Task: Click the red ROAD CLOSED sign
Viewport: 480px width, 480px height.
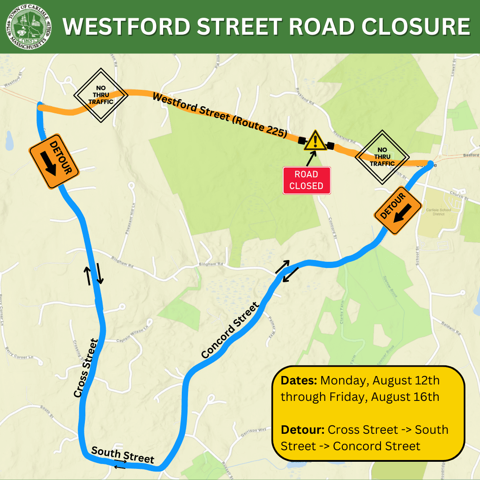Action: point(307,180)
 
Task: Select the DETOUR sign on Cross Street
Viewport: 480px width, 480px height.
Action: point(54,160)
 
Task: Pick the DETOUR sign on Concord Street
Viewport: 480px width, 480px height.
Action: point(398,210)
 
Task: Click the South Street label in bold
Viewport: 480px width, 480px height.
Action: point(123,455)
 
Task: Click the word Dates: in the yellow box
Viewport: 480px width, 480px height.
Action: point(299,381)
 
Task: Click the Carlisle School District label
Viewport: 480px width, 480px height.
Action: point(438,212)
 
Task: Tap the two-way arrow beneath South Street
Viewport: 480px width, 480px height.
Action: point(120,464)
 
